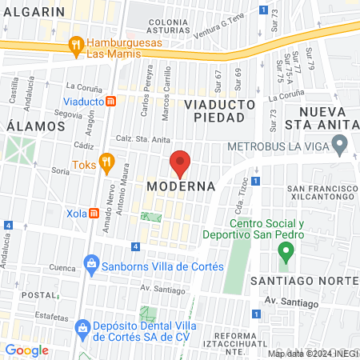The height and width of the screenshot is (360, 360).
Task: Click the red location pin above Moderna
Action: [180, 163]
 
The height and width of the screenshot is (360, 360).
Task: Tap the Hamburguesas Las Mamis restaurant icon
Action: [76, 44]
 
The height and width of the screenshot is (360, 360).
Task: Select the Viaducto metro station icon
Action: [113, 102]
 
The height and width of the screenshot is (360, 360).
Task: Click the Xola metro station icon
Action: [94, 214]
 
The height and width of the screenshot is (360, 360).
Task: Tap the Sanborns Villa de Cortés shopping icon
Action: [92, 263]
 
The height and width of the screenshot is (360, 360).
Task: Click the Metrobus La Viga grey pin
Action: [339, 146]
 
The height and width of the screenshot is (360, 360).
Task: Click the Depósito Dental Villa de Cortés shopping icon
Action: [82, 327]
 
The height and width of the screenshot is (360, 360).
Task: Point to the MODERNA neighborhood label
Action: [181, 186]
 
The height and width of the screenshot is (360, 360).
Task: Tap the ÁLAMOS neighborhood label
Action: [35, 126]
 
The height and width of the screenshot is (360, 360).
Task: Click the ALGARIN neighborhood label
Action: [34, 12]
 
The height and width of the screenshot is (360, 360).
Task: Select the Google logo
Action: [27, 350]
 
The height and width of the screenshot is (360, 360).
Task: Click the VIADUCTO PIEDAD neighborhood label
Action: [220, 110]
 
